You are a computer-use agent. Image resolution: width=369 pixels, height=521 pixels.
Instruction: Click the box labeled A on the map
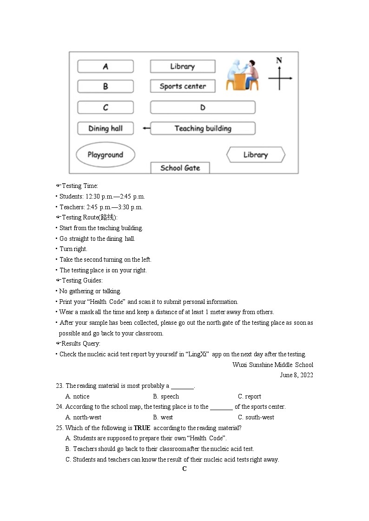click(x=105, y=66)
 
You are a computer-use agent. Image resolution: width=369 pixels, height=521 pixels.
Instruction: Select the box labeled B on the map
click(x=105, y=86)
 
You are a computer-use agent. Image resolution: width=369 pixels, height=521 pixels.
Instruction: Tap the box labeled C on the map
click(x=105, y=108)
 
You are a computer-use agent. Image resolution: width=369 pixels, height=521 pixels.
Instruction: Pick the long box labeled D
click(x=203, y=108)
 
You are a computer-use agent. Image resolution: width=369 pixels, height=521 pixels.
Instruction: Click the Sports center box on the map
click(x=183, y=86)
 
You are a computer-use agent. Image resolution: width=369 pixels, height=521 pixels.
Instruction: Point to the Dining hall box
click(x=105, y=129)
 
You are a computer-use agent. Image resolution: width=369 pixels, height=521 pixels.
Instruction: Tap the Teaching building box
click(x=203, y=129)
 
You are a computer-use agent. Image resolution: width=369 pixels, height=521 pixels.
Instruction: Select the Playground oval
click(x=105, y=155)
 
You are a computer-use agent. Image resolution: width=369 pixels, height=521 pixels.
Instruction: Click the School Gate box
click(x=180, y=168)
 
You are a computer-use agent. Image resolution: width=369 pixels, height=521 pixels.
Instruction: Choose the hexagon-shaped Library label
click(x=256, y=155)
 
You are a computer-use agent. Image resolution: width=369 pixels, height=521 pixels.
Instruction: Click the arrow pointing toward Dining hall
click(x=146, y=129)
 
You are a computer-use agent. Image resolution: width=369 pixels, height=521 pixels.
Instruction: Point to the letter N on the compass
click(x=279, y=60)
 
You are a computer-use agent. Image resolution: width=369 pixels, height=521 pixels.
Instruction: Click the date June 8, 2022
click(x=297, y=375)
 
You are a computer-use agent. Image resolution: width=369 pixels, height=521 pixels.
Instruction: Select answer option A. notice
click(x=78, y=396)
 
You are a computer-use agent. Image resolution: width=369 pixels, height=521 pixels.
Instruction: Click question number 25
click(x=59, y=428)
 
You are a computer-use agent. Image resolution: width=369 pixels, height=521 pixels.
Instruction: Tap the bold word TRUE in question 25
click(x=142, y=428)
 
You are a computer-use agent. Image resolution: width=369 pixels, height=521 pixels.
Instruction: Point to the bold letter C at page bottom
click(x=184, y=469)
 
